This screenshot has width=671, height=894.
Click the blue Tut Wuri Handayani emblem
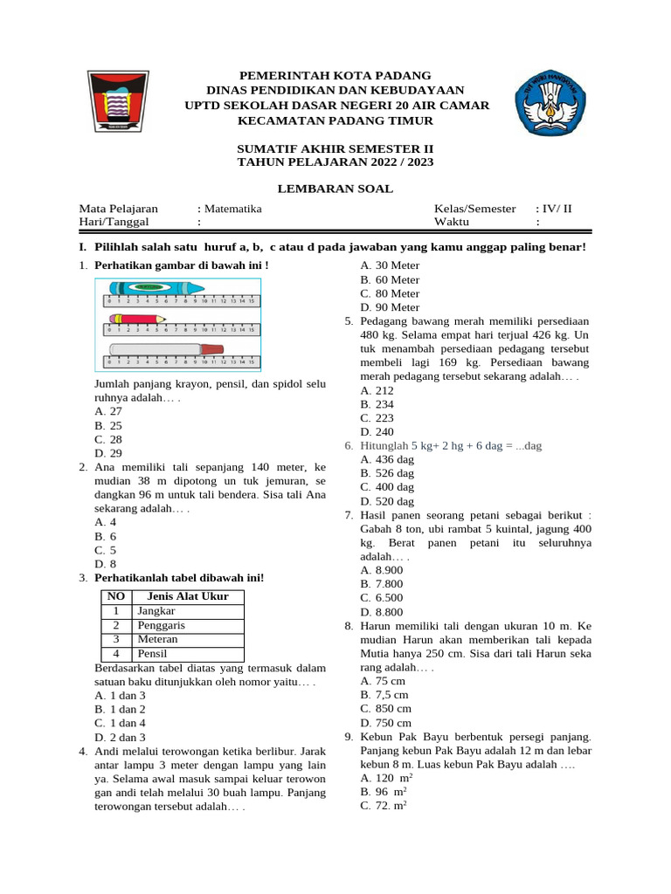(548, 101)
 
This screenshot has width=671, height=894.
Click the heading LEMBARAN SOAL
(335, 189)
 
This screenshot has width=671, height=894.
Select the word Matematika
(232, 209)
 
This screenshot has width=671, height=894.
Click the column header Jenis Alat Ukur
(188, 596)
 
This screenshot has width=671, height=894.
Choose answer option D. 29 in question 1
(108, 453)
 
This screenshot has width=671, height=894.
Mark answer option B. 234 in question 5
(377, 404)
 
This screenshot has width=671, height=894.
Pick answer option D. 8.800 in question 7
(381, 612)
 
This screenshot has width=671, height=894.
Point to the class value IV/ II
(555, 209)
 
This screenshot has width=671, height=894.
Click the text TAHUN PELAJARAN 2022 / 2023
(335, 162)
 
